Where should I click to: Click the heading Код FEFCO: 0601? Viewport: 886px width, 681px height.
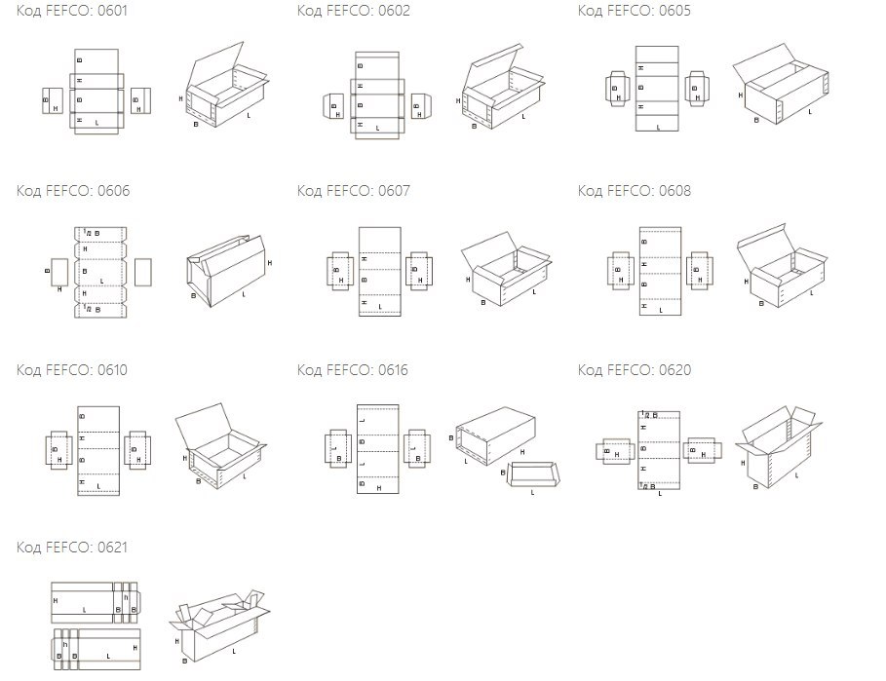pos(72,11)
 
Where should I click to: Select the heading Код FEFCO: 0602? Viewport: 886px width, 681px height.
pos(353,11)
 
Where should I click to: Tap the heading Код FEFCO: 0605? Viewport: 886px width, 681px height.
pos(634,11)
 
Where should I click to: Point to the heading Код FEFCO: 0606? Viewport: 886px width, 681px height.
pos(72,191)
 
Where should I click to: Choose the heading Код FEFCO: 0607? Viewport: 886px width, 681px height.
pos(353,191)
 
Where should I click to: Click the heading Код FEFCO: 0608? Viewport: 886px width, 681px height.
pos(634,191)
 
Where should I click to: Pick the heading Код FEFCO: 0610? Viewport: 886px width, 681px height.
pos(72,370)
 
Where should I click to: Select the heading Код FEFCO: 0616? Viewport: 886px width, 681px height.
pos(353,370)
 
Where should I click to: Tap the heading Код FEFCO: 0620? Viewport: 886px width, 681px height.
pos(634,370)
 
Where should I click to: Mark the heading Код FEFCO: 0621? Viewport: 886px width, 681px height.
pos(72,548)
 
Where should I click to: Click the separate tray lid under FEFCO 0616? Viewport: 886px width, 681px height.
pos(532,475)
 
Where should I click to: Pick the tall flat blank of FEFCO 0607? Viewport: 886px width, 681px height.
pos(379,270)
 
